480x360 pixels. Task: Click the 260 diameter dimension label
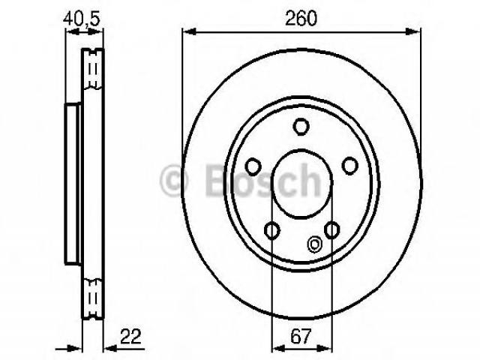click(x=301, y=18)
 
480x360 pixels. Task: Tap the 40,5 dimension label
click(x=82, y=19)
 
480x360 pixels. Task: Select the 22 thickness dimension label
click(x=130, y=337)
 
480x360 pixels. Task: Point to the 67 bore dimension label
click(x=301, y=336)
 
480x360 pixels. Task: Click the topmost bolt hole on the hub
click(x=301, y=127)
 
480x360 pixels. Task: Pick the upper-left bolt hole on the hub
click(x=253, y=166)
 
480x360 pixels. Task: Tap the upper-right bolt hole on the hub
click(x=350, y=166)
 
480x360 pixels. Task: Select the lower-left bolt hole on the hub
click(x=271, y=230)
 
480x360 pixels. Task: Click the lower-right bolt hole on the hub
click(x=331, y=230)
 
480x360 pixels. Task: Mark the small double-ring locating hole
click(x=314, y=244)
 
